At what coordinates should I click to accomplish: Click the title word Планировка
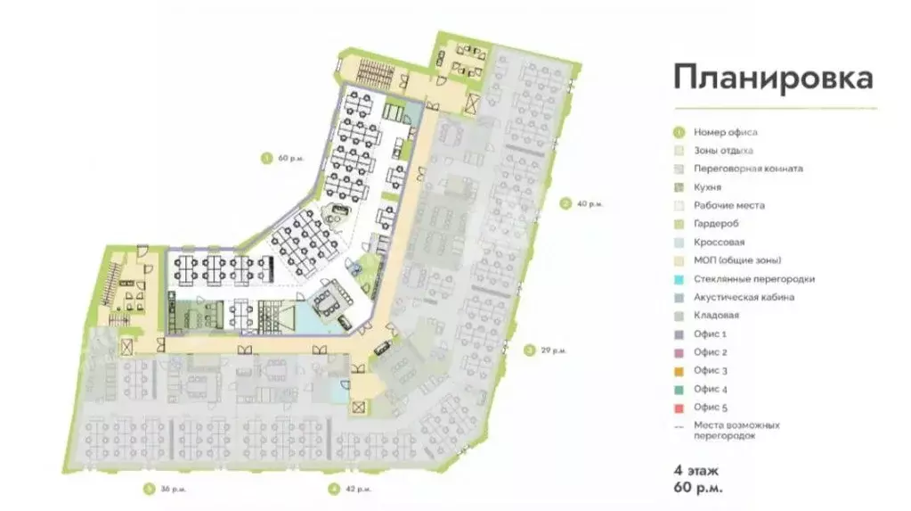[773, 78]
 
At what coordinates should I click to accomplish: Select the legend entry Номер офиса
[725, 132]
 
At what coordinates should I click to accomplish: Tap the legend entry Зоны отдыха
[723, 150]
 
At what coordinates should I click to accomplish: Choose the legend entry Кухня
[707, 187]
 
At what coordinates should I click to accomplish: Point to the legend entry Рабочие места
[728, 205]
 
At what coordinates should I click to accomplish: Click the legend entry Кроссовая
[720, 242]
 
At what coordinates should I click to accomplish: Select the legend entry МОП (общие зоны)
[737, 260]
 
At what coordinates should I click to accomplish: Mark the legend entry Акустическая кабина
[744, 297]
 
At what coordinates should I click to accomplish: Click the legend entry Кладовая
[716, 316]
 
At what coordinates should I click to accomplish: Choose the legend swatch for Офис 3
[679, 370]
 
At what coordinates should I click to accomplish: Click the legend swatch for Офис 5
[679, 408]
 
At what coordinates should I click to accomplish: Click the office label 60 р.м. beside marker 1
[290, 158]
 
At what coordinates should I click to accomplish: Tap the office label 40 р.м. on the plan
[589, 204]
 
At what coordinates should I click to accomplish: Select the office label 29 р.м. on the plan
[553, 350]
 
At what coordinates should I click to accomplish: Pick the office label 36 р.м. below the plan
[171, 489]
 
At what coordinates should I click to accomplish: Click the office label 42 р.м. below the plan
[356, 489]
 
